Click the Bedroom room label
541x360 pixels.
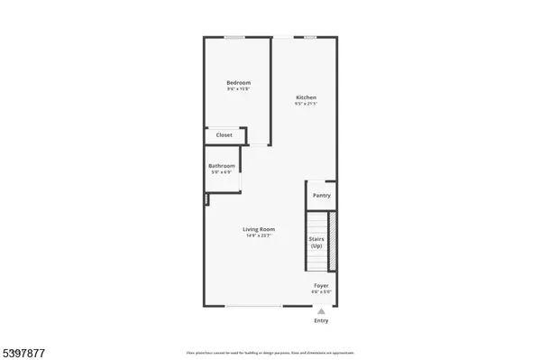pos(239,83)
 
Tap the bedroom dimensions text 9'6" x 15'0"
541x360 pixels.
pos(239,89)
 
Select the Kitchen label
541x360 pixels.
pos(307,97)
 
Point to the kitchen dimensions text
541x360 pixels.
pos(307,104)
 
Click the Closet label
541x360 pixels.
pos(224,135)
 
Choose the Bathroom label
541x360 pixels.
pos(222,166)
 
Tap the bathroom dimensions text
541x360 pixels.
pos(222,172)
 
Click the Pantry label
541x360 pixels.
pos(321,195)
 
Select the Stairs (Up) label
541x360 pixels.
pos(316,242)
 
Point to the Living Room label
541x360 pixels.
pos(259,229)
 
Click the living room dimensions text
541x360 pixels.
pos(259,235)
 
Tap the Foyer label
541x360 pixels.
pos(321,285)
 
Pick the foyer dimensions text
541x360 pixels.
pos(321,291)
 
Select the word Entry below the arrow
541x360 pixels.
pos(321,320)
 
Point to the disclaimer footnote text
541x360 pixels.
pos(270,350)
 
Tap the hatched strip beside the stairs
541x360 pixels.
pos(332,242)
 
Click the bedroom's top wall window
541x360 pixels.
pos(235,37)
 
